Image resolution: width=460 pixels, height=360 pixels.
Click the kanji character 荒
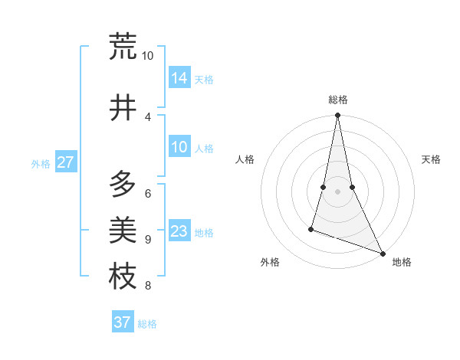pos(123,47)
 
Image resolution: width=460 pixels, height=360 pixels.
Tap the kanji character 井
pos(123,108)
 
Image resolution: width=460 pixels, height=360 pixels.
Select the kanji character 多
pos(123,184)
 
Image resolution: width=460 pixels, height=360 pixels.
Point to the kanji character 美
pos(123,230)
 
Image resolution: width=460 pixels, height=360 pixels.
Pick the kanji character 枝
pos(123,277)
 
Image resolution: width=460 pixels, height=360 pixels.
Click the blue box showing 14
pos(179,77)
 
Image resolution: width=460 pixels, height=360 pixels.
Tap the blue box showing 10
pos(179,147)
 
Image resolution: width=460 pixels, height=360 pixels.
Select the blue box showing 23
pos(179,231)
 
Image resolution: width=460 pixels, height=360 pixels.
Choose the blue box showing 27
pos(66,162)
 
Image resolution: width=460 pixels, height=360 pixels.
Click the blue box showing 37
pos(123,322)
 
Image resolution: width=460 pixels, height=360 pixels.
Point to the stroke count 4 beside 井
pos(147,116)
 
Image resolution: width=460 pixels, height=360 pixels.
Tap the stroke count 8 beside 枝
pos(147,286)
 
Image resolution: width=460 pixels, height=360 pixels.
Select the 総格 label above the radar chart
pos(338,100)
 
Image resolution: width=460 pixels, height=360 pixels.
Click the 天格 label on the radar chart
pos(432,159)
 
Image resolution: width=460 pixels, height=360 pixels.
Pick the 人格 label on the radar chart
pos(245,159)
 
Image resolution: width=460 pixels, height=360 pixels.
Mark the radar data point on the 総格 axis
pos(338,116)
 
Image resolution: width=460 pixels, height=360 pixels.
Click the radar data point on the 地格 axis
pos(383,254)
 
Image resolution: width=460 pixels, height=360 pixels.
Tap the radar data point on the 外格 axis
pos(311,228)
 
